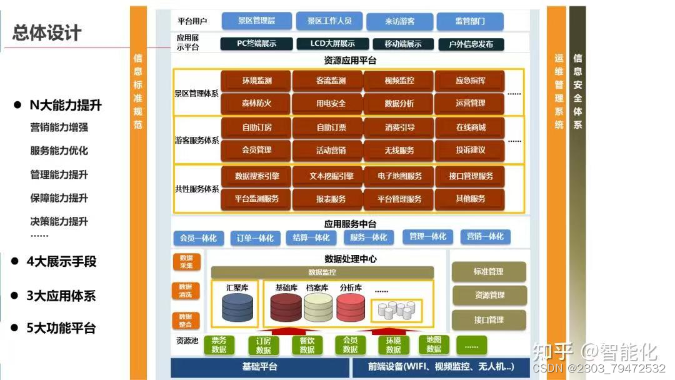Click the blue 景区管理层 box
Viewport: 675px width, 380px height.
256,21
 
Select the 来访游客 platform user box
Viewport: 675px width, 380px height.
399,21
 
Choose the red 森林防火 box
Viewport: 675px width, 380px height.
256,103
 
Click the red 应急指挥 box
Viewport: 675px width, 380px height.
470,81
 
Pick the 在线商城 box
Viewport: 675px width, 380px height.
470,127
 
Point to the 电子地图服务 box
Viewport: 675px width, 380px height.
399,176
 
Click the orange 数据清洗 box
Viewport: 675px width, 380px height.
186,291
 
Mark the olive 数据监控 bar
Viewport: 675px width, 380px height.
322,272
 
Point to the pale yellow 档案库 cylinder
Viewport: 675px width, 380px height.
318,307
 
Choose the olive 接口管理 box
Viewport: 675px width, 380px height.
488,320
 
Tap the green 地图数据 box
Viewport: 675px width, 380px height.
434,344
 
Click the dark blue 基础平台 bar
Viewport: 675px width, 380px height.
259,367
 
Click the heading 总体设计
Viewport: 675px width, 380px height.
47,33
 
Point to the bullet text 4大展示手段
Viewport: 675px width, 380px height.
61,261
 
